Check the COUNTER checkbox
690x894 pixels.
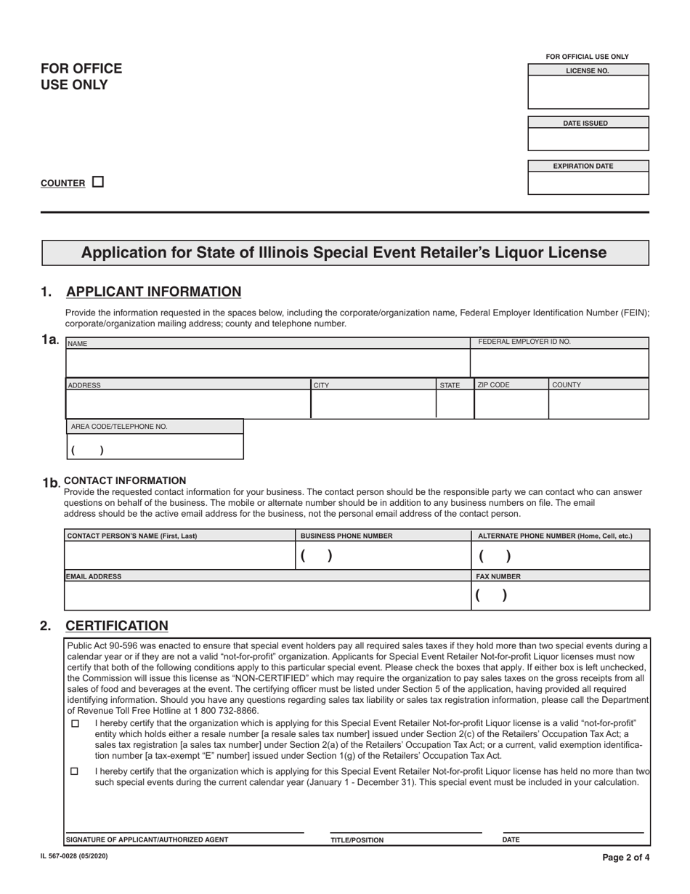coord(99,182)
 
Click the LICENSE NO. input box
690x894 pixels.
coord(588,92)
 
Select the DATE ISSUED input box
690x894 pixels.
coord(588,139)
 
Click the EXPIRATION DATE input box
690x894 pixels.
coord(588,182)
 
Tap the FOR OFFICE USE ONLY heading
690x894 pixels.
coord(81,76)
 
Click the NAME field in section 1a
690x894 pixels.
coord(267,363)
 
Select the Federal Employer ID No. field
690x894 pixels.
coord(559,363)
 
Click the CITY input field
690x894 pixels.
coord(373,404)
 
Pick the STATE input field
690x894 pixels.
coord(455,404)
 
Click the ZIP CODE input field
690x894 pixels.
coord(511,404)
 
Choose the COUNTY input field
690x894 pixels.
coord(598,404)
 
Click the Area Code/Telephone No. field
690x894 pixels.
coord(155,447)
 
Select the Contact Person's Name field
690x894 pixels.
coord(179,555)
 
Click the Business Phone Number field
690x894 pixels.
coord(383,555)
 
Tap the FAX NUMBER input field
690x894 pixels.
coord(560,595)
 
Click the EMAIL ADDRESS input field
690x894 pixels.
coord(267,595)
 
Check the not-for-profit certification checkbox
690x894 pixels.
coord(75,724)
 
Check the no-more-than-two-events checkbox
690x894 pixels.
coord(75,772)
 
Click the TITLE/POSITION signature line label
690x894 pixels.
coord(357,839)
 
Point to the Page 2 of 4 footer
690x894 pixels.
coord(626,858)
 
